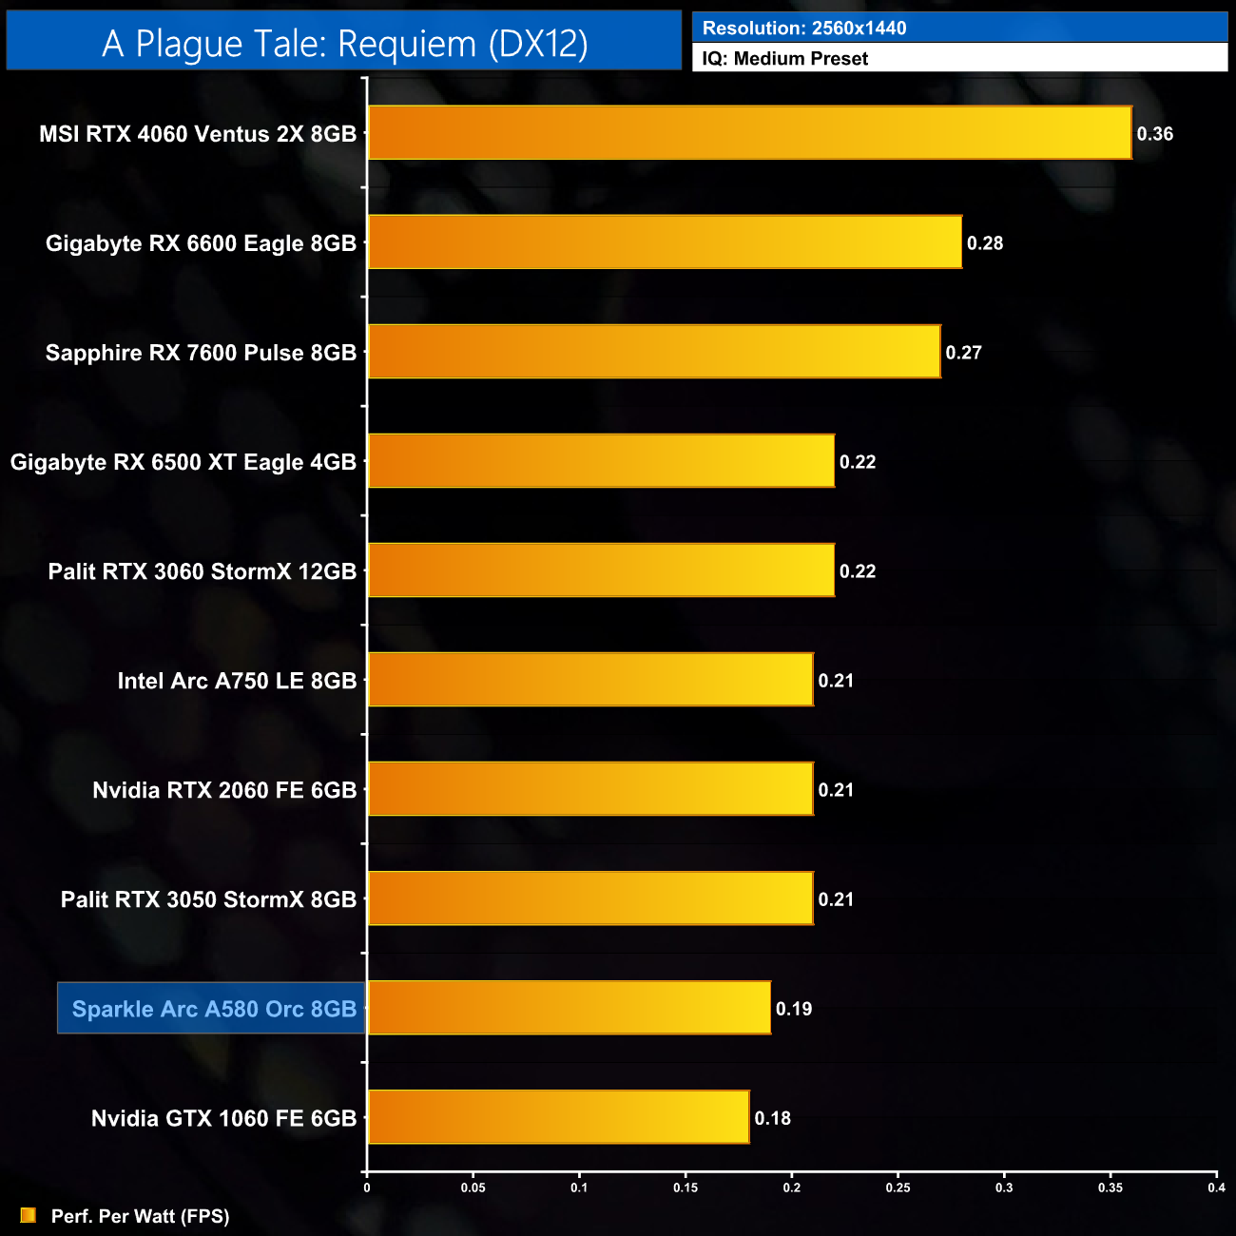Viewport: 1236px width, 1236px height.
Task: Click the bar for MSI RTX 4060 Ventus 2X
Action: tap(749, 133)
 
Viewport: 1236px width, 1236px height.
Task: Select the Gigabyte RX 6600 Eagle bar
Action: tap(665, 242)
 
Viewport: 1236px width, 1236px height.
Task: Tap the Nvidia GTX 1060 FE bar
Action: tap(558, 1117)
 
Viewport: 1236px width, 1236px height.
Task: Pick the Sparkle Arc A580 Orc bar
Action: tap(569, 1008)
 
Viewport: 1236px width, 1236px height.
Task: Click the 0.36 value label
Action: tap(1154, 134)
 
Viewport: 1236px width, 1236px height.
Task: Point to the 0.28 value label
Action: tap(984, 243)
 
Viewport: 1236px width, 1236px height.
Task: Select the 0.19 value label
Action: tap(793, 1009)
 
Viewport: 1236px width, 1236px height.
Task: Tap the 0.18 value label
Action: tap(772, 1118)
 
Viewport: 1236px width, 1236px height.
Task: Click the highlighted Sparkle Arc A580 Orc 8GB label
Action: tap(213, 1009)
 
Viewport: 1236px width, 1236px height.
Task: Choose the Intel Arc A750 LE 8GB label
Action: tap(237, 681)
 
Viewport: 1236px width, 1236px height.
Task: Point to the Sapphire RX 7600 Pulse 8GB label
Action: tap(201, 353)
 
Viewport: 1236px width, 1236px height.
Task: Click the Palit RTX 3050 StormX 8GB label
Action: tap(208, 899)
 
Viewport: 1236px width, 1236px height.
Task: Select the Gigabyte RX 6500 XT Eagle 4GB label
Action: tap(183, 462)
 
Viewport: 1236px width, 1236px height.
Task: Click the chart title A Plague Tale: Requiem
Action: tap(344, 44)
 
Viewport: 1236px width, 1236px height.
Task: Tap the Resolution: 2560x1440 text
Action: tap(803, 29)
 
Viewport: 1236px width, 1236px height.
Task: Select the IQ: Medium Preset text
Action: tap(784, 59)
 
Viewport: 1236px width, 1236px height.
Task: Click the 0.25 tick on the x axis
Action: tap(898, 1188)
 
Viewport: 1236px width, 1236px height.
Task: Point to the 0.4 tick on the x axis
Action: tap(1216, 1188)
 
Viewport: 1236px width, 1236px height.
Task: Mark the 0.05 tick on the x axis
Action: tap(473, 1188)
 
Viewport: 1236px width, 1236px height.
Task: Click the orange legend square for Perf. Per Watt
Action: tap(29, 1215)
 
